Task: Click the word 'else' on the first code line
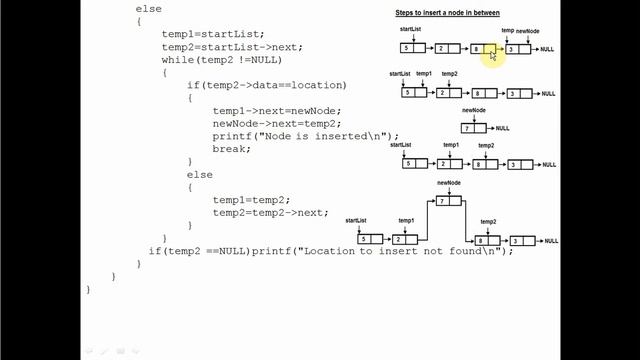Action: (147, 8)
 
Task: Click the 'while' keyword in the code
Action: (178, 60)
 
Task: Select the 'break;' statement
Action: (231, 149)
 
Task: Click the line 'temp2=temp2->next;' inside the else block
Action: (270, 212)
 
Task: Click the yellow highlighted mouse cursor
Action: (493, 56)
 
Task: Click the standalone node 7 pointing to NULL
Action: (473, 128)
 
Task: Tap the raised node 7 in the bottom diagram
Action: (447, 202)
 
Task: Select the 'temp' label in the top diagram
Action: (508, 31)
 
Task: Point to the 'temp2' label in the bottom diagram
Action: (488, 221)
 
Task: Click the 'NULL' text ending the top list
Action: (547, 49)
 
